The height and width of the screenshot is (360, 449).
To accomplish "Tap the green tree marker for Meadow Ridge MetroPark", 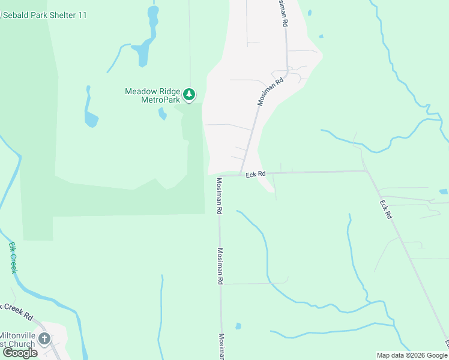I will (189, 94).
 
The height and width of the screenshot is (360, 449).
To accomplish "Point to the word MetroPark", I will (160, 100).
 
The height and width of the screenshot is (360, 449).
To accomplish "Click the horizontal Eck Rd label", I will (255, 174).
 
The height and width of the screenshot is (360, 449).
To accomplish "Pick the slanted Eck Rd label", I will (385, 210).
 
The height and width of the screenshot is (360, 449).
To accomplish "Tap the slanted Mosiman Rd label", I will (270, 92).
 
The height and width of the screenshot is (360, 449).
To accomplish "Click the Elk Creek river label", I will (13, 257).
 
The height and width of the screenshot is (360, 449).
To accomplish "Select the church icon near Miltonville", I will (44, 339).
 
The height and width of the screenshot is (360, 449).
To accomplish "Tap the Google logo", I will (20, 353).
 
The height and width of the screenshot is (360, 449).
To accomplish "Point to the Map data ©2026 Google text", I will (411, 355).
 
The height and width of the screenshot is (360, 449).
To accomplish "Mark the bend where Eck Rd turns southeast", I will (366, 172).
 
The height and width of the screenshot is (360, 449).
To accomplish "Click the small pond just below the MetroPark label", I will (162, 113).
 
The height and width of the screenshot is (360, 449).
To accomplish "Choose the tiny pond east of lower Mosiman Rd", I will (238, 326).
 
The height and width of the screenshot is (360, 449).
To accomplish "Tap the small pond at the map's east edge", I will (443, 191).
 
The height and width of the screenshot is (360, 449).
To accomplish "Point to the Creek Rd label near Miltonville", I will (18, 310).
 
